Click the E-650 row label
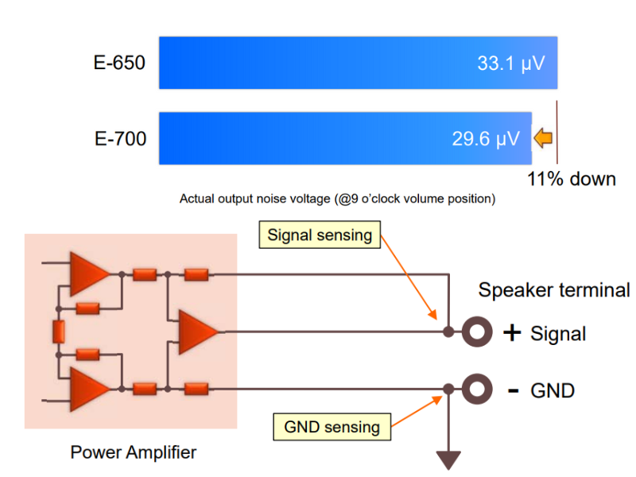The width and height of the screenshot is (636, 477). click(119, 63)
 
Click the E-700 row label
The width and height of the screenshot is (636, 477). click(121, 138)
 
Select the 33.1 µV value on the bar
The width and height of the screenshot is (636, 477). click(511, 64)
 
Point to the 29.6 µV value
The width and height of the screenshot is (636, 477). click(486, 139)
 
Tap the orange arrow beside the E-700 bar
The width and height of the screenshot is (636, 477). click(543, 138)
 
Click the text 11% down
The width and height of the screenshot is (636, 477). click(571, 179)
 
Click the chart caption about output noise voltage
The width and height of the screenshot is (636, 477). click(337, 199)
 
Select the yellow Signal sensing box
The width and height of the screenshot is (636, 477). click(320, 235)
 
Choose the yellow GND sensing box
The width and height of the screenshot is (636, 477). click(332, 427)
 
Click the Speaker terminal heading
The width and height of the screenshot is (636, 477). click(554, 290)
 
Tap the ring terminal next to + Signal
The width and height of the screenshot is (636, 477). click(477, 332)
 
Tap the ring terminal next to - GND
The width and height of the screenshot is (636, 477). click(477, 389)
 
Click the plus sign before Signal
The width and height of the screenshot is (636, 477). click(512, 332)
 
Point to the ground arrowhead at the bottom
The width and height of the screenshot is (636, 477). click(448, 460)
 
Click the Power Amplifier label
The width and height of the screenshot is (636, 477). click(134, 452)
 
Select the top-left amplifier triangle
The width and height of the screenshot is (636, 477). click(89, 274)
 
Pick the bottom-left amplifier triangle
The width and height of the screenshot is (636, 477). click(89, 389)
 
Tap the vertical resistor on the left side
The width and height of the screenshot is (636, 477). click(59, 332)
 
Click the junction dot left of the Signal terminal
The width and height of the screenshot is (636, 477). click(448, 332)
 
